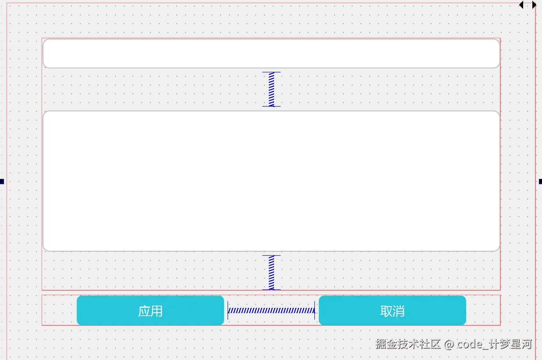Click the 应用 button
[x=150, y=310]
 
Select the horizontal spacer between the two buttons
[x=271, y=310]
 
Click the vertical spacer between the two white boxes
[x=271, y=89]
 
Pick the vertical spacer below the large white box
[x=271, y=272]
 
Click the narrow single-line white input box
[x=271, y=53]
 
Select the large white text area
[x=271, y=181]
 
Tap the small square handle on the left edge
[x=2, y=181]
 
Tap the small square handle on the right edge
[x=540, y=181]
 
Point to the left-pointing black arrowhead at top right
[x=521, y=5]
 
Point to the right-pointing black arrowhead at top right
[x=534, y=5]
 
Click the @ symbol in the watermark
[x=449, y=344]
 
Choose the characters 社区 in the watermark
[x=430, y=344]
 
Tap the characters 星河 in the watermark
[x=522, y=344]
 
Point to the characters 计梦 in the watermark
[x=501, y=344]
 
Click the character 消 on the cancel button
[x=399, y=311]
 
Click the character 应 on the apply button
[x=144, y=311]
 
